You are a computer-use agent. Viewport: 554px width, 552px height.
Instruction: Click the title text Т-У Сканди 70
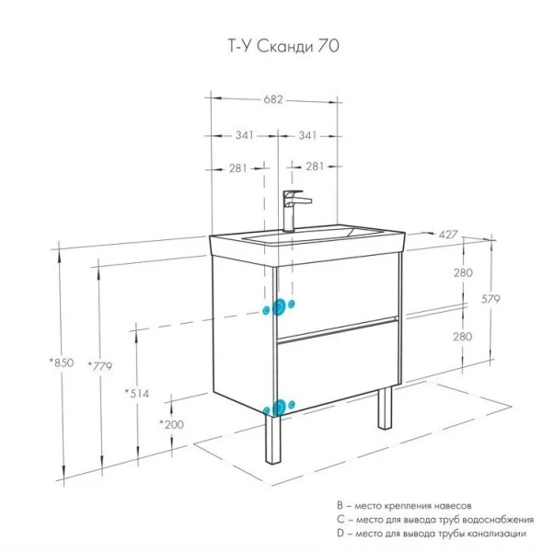(x=277, y=43)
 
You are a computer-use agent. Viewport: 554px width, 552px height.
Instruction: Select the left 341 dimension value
(x=243, y=135)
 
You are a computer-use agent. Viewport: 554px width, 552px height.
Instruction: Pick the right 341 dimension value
(x=308, y=135)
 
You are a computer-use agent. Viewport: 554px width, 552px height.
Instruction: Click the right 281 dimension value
(x=315, y=167)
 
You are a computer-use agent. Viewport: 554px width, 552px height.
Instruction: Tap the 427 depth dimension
(x=449, y=236)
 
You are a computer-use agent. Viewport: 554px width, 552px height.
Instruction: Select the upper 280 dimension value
(x=462, y=273)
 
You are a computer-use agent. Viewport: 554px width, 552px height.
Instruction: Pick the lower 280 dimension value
(x=462, y=337)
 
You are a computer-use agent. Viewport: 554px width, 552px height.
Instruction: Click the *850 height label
(x=61, y=363)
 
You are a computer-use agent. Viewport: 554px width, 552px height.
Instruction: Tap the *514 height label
(x=137, y=393)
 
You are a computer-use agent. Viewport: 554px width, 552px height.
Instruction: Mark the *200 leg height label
(x=171, y=424)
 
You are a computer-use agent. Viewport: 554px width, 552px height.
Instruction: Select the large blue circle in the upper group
(x=276, y=308)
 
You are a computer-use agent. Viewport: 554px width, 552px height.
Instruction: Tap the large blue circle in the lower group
(x=275, y=408)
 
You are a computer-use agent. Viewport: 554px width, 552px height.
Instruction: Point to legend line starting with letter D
(x=432, y=534)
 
